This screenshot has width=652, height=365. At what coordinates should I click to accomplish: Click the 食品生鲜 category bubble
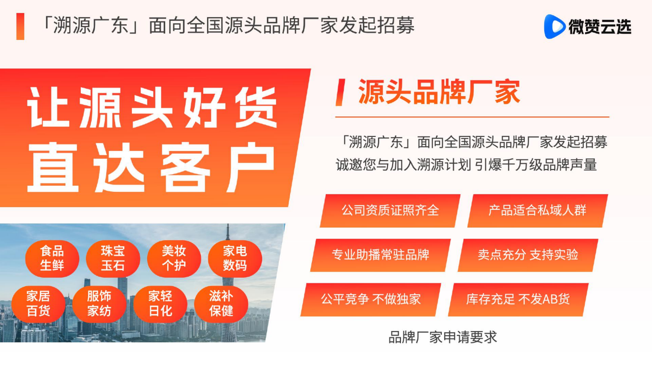click(52, 258)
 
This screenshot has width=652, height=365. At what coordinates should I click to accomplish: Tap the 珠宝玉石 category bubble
click(113, 258)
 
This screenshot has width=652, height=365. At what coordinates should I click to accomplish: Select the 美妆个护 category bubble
click(174, 258)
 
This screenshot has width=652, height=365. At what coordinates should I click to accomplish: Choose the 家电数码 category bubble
click(235, 258)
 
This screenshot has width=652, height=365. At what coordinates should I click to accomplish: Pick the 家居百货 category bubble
click(38, 304)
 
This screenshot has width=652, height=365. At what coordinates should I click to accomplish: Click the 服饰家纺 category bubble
click(99, 304)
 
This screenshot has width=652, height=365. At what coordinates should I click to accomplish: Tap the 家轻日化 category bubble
click(161, 304)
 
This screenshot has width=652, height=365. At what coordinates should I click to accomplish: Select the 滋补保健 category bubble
click(221, 304)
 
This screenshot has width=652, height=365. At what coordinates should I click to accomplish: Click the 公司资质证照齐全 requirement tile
click(390, 211)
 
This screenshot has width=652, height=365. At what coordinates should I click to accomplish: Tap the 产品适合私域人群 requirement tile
click(537, 211)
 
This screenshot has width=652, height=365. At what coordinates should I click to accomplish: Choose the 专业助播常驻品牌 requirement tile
click(381, 255)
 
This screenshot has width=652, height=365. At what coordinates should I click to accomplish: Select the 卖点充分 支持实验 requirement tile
click(528, 255)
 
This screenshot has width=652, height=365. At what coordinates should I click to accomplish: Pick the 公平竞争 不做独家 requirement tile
click(371, 300)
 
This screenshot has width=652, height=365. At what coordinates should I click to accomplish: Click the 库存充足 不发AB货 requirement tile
click(518, 300)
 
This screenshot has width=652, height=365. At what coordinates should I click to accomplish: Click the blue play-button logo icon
click(554, 26)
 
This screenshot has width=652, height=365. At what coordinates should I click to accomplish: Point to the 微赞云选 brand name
click(600, 27)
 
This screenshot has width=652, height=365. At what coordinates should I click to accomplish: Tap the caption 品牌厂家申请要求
click(443, 337)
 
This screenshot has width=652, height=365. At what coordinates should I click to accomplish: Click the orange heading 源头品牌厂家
click(439, 91)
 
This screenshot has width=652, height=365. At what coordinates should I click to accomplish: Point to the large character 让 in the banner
click(48, 107)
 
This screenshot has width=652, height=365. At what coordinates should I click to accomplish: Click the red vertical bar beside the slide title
click(20, 26)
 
